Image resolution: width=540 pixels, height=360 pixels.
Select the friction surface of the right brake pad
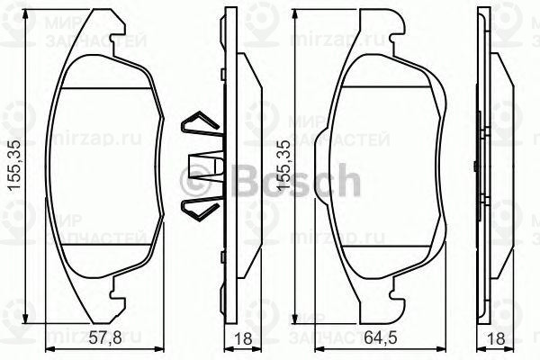point(387,171)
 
